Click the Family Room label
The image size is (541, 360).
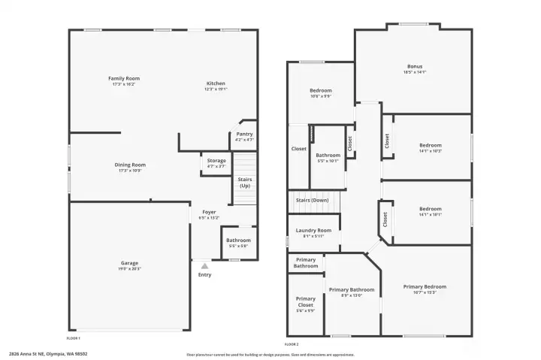click(124, 78)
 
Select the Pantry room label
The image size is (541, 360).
click(244, 134)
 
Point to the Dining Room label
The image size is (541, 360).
click(130, 165)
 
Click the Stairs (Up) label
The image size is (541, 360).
click(245, 183)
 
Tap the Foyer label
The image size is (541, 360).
click(209, 212)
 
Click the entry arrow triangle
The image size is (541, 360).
click(204, 265)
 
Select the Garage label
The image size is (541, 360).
click(129, 263)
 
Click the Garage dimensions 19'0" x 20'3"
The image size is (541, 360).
click(129, 269)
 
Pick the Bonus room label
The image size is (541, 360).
click(415, 66)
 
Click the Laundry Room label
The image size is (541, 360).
click(313, 230)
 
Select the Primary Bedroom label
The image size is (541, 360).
click(425, 286)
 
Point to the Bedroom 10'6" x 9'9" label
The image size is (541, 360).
click(321, 90)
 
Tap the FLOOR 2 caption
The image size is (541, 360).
click(292, 343)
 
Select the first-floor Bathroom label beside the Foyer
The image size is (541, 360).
click(237, 241)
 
